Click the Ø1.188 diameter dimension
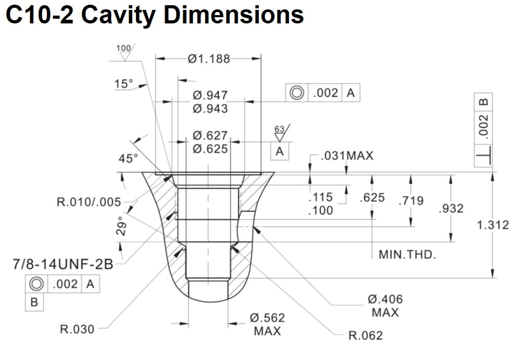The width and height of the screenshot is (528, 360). (209, 59)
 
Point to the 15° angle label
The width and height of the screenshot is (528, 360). (124, 84)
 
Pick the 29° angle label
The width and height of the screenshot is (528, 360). (121, 227)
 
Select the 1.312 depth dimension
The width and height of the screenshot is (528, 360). (493, 225)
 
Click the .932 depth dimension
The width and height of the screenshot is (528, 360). (451, 209)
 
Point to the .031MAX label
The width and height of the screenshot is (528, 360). (347, 156)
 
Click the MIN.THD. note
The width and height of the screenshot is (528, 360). (407, 255)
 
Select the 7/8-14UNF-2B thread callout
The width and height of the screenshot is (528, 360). (62, 264)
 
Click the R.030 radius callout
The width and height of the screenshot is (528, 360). (77, 329)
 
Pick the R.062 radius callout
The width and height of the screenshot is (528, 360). (365, 335)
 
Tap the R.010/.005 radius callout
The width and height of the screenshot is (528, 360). (89, 202)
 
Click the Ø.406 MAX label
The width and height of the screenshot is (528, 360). (385, 305)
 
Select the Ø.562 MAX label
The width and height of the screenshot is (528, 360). (267, 324)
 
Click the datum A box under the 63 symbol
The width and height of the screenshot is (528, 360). (280, 151)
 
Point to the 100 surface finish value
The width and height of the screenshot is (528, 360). (123, 49)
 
